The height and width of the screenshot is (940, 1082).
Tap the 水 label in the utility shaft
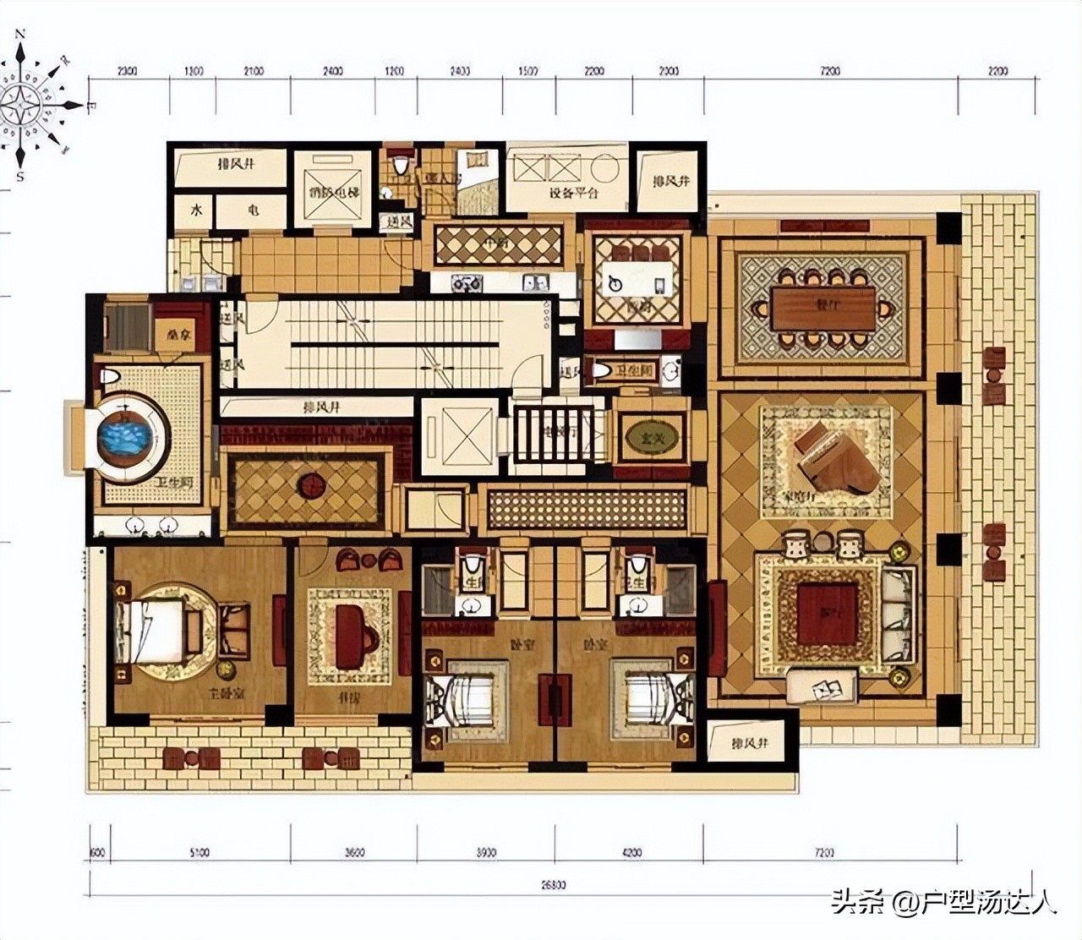coord(196,210)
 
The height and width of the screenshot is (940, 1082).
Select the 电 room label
coord(253,210)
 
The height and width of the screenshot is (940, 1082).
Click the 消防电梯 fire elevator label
coord(334,193)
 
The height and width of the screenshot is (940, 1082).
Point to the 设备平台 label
coord(573,193)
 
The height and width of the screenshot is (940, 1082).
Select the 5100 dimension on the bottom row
coord(199,852)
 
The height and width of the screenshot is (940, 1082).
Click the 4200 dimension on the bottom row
coord(631,852)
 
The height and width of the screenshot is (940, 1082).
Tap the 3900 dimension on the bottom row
coord(486,852)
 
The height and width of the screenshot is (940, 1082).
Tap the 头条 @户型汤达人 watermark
coord(943,902)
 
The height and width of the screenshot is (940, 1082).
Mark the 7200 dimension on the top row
coord(830,71)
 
